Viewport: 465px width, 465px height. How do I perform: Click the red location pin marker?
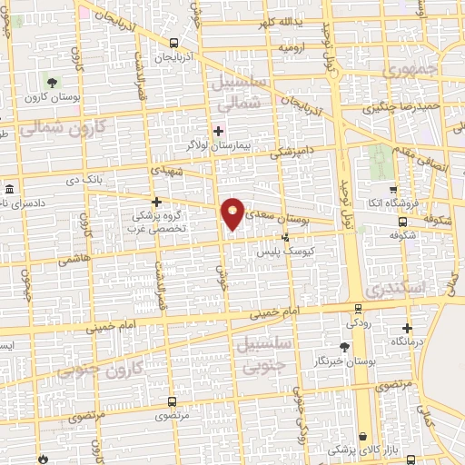pyautogui.click(x=233, y=213)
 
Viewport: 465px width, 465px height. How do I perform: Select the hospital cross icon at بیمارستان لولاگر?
pyautogui.click(x=217, y=131)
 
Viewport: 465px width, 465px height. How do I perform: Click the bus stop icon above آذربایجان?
pyautogui.click(x=173, y=43)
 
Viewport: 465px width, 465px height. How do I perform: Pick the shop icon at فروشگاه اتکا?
pyautogui.click(x=393, y=191)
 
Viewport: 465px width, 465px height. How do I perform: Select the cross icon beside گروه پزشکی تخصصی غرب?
pyautogui.click(x=156, y=202)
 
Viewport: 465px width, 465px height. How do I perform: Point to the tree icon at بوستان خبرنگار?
pyautogui.click(x=344, y=347)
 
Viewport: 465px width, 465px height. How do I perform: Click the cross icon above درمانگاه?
pyautogui.click(x=407, y=328)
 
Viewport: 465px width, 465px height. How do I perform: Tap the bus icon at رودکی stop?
pyautogui.click(x=352, y=310)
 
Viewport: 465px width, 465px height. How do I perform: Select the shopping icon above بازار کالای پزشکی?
pyautogui.click(x=363, y=437)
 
